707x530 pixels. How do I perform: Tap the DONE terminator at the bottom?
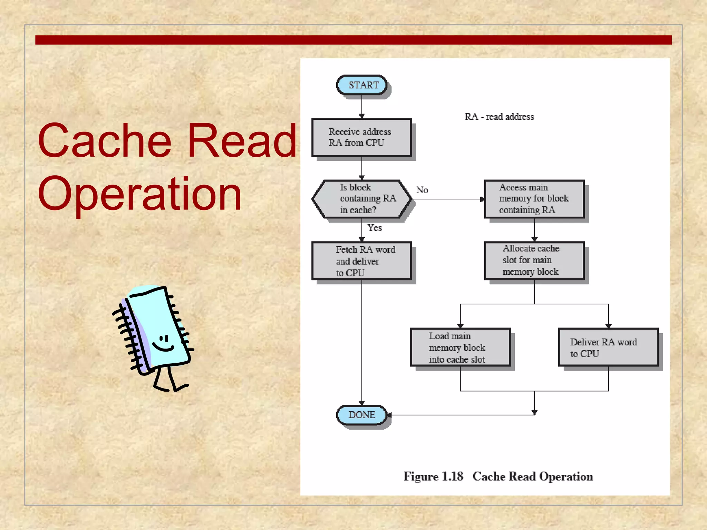click(361, 415)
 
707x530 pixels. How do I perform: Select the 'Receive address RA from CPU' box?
click(361, 137)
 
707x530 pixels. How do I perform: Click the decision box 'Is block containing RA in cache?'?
click(361, 199)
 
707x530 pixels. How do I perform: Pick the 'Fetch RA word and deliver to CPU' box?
click(361, 261)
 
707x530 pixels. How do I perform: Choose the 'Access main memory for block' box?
click(534, 199)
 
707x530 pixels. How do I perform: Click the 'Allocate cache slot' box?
click(534, 261)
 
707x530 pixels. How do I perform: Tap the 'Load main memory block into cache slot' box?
click(460, 347)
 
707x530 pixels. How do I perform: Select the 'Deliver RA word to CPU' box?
click(608, 347)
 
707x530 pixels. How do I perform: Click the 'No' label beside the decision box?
click(422, 190)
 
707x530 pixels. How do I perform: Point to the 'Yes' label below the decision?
click(375, 228)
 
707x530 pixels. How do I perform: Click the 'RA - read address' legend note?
click(499, 117)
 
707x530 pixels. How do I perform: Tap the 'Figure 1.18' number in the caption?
click(433, 477)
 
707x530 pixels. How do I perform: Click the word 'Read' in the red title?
click(242, 141)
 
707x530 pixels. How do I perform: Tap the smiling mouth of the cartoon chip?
click(163, 347)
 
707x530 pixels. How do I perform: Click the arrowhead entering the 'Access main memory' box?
click(482, 199)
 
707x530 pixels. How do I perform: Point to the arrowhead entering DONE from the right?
click(389, 415)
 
